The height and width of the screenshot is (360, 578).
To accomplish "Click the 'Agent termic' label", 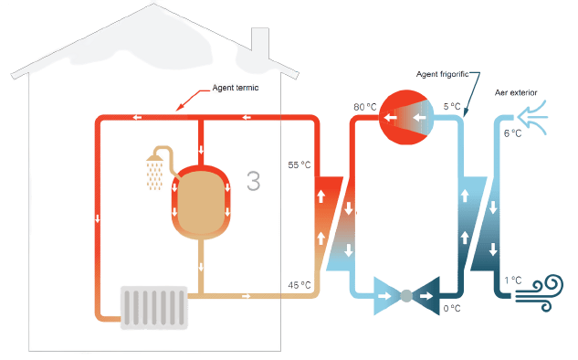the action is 236,88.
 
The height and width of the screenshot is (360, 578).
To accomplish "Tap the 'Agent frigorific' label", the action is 442,74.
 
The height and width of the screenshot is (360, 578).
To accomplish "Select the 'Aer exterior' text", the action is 516,92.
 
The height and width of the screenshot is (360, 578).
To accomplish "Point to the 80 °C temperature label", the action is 365,107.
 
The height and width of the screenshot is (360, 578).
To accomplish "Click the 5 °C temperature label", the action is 452,107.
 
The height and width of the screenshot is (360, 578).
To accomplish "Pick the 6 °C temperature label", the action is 512,133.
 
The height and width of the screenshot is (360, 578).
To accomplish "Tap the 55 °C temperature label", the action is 300,164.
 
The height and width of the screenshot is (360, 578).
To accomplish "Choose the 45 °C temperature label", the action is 300,285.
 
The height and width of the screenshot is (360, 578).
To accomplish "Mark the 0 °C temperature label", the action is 452,308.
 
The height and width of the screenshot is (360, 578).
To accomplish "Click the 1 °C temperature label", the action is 513,281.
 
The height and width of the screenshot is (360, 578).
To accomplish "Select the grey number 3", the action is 254,181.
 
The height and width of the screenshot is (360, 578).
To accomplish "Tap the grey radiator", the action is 154,308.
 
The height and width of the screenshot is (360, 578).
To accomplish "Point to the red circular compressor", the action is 406,117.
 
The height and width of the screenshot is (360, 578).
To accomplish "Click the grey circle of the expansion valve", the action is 406,296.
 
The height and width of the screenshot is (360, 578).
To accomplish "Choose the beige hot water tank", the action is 201,202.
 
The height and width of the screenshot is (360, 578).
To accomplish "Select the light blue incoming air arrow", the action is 532,117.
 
